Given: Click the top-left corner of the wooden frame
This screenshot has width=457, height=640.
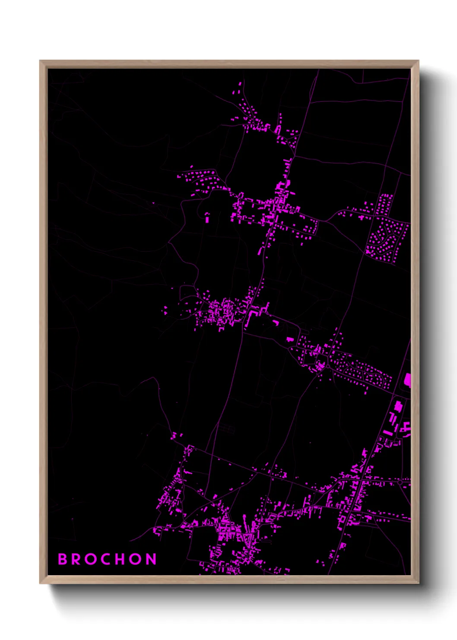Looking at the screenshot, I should point(40,61).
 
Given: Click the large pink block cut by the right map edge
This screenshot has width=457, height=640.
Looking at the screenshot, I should point(407,381).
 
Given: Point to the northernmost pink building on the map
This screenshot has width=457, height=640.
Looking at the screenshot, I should point(240,84).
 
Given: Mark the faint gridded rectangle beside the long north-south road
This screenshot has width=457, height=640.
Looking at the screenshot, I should point(226,428).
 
